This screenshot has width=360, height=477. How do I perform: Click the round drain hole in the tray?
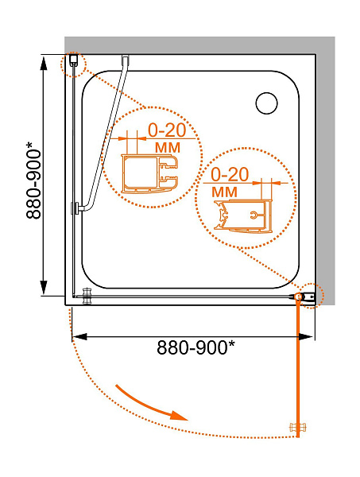click(266, 103)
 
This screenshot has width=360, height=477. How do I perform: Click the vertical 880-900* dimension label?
click(33, 180)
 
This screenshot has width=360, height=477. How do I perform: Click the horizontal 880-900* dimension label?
click(196, 347)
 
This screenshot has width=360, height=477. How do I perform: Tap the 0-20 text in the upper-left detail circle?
click(167, 130)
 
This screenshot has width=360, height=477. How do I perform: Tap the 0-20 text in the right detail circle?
click(230, 174)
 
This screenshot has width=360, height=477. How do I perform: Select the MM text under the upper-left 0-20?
click(168, 148)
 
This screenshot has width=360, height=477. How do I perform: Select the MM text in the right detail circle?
click(224, 192)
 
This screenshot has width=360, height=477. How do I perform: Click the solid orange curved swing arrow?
click(151, 404)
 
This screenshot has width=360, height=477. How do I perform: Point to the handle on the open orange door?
click(297, 427)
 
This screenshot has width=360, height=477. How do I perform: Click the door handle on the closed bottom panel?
click(87, 296)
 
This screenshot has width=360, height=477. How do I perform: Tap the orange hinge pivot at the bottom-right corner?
click(298, 297)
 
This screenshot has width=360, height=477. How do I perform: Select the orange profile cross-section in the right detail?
click(242, 215)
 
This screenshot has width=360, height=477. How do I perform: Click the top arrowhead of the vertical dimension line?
click(44, 64)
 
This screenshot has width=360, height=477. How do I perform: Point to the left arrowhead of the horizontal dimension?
click(79, 336)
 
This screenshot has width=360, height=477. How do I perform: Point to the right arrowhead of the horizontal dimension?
click(305, 336)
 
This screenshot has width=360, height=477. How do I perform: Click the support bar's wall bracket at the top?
click(126, 60)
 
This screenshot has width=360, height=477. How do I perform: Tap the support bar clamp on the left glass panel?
click(76, 208)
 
